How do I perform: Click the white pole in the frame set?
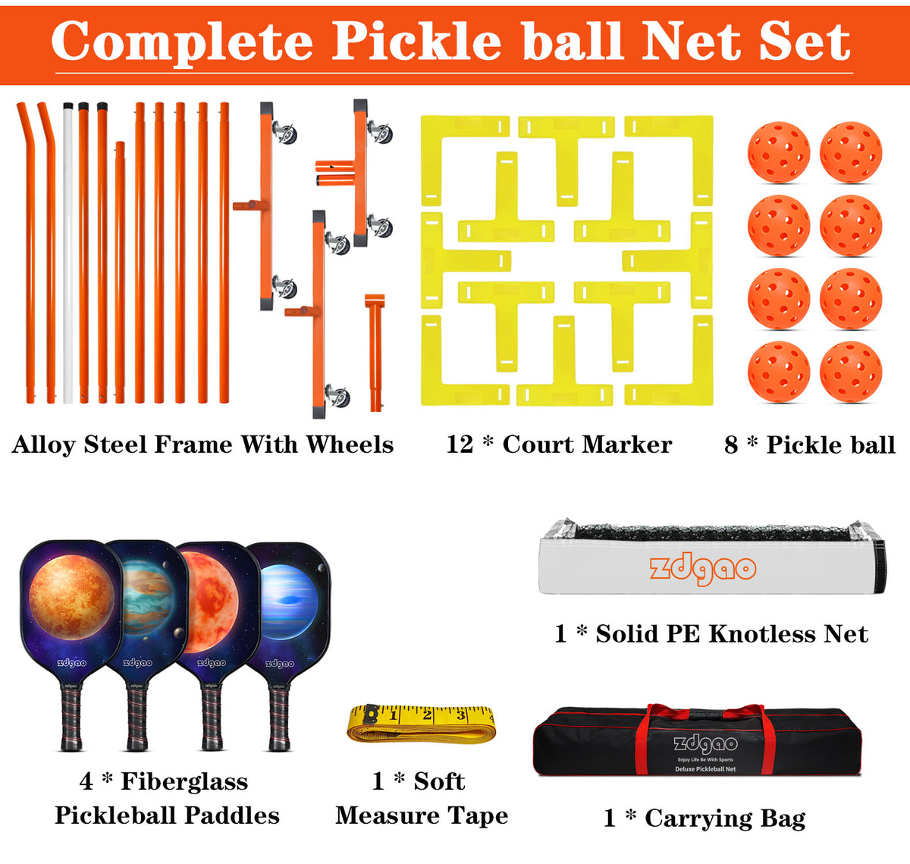[x=68, y=250]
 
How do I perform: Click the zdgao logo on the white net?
[x=702, y=569]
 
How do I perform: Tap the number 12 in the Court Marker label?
[x=460, y=444]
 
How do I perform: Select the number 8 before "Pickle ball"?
[x=731, y=445]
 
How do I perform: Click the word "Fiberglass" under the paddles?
[x=184, y=781]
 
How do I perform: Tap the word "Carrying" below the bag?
[x=697, y=818]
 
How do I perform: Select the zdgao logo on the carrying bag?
[x=705, y=744]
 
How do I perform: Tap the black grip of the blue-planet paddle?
[x=279, y=717]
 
